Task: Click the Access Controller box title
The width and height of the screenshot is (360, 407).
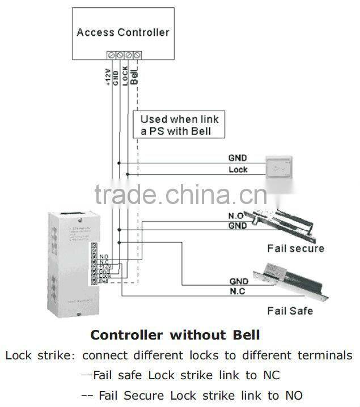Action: point(123,32)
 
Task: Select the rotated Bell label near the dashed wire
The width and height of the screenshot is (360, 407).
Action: point(134,76)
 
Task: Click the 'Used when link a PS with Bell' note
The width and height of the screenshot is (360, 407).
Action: point(179,125)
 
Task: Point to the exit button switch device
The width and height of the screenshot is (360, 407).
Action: point(281,168)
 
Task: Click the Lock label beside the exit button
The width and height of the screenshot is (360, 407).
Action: point(238,169)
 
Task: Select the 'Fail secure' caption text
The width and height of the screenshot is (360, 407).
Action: point(295,248)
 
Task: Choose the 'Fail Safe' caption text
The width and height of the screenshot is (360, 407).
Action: point(290,311)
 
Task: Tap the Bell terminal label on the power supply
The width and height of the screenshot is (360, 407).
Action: point(103,281)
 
